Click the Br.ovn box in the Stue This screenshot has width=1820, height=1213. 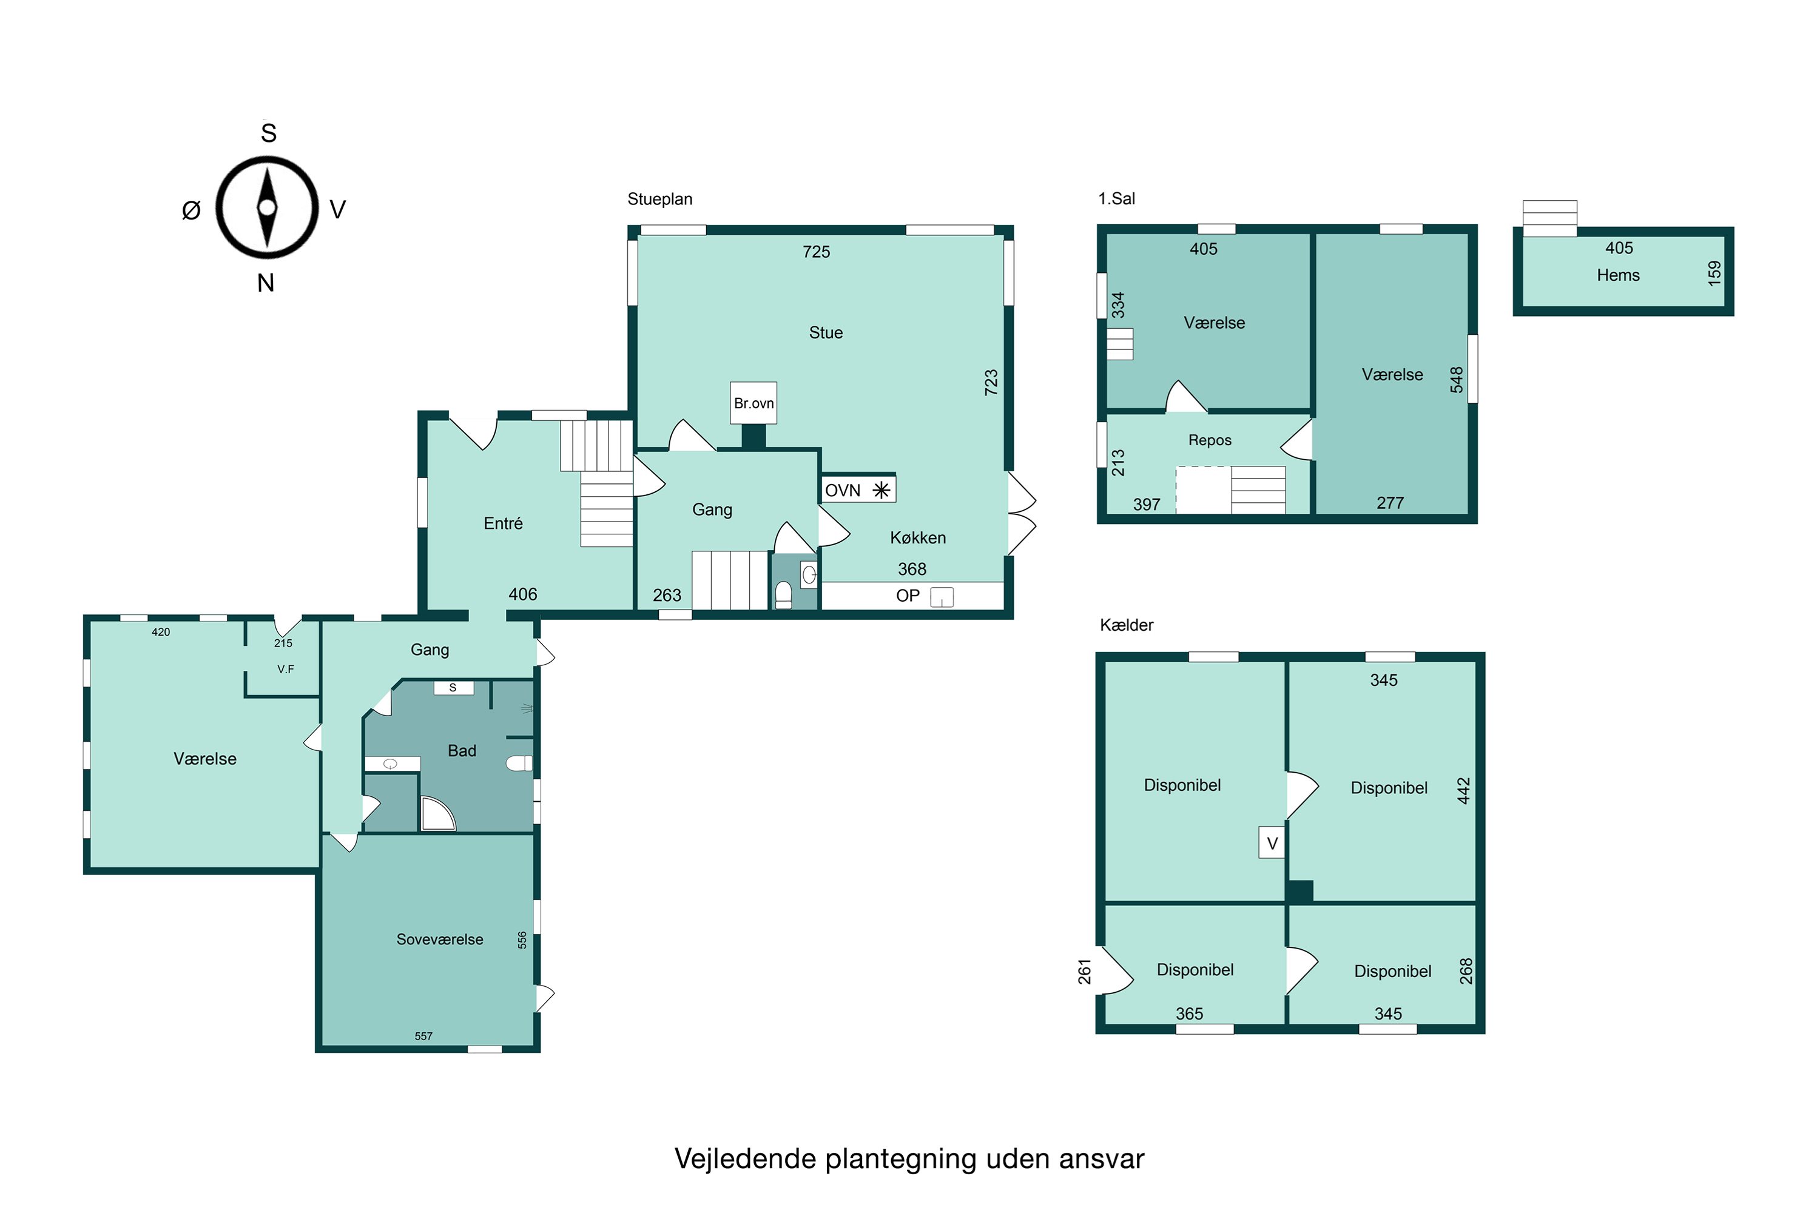tap(753, 403)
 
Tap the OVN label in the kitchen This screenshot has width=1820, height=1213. tap(842, 491)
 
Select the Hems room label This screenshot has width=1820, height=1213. tap(1618, 275)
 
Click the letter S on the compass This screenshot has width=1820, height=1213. tap(269, 133)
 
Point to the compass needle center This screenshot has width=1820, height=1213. tap(267, 207)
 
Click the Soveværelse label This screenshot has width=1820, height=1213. tap(439, 939)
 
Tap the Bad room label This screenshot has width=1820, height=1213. tap(462, 750)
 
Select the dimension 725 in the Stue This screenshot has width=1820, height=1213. tap(817, 252)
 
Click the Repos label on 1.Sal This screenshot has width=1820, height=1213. tap(1210, 440)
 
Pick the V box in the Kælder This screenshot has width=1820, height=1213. tap(1272, 843)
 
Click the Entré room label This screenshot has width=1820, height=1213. tap(503, 524)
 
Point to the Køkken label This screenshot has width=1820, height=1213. tap(918, 537)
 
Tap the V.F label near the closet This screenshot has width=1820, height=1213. tap(286, 669)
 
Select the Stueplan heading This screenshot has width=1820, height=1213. tap(659, 200)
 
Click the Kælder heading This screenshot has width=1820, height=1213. tap(1127, 625)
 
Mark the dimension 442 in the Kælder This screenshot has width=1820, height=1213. tap(1463, 791)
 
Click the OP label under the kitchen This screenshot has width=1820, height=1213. tap(908, 596)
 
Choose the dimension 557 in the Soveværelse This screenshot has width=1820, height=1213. tap(423, 1037)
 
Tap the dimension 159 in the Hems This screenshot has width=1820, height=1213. tap(1715, 273)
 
